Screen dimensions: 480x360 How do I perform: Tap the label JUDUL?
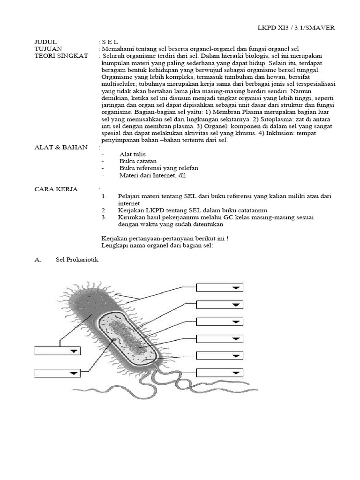[45, 42]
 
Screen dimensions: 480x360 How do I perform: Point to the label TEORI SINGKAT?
[58, 56]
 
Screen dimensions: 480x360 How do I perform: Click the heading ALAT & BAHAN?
[61, 147]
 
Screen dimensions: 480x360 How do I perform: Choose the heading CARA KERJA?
[56, 189]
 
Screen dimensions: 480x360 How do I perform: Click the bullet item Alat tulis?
[133, 154]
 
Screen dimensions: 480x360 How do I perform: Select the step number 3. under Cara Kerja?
[104, 217]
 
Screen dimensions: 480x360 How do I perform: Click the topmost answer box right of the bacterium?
[219, 287]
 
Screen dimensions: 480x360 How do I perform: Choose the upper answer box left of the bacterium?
[58, 351]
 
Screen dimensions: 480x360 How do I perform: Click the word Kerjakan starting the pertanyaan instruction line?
[115, 238]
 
